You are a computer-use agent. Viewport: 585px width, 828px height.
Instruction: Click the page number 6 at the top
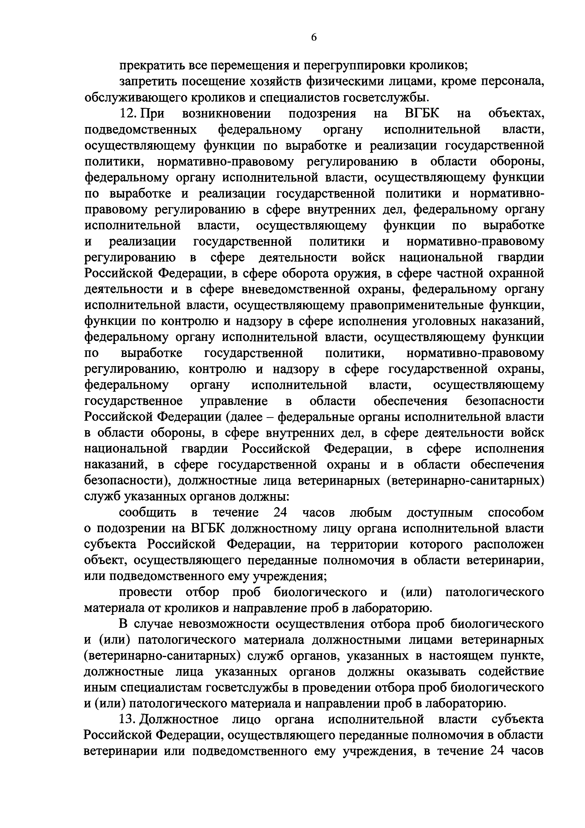[x=314, y=38]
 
